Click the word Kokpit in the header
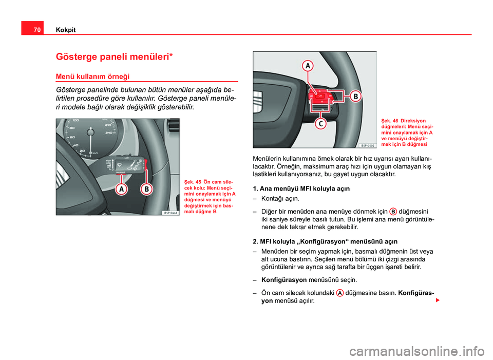[x=65, y=30]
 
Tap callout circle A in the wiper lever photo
[x=121, y=189]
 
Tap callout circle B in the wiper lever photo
[x=146, y=189]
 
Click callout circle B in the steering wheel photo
[x=355, y=96]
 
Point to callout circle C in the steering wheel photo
[x=319, y=124]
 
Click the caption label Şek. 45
[x=193, y=181]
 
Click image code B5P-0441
[x=171, y=212]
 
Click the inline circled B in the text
[x=393, y=211]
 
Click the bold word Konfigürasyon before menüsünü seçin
[x=284, y=280]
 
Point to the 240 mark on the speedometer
[x=108, y=132]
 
